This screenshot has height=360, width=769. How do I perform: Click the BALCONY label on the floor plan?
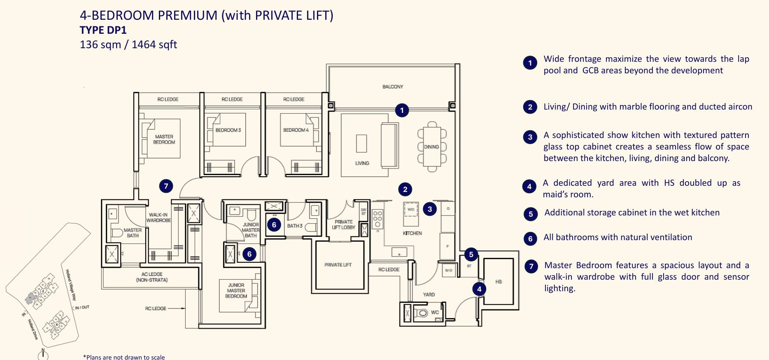(392, 86)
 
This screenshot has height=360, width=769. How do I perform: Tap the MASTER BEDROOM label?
(164, 139)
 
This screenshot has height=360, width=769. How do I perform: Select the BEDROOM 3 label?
(228, 130)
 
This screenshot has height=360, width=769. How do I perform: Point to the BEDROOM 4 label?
(296, 130)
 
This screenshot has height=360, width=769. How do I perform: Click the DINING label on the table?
(431, 147)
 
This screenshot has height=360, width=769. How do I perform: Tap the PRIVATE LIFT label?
(338, 265)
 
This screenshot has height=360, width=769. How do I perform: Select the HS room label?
(498, 282)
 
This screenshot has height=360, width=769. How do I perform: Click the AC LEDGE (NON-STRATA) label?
(152, 277)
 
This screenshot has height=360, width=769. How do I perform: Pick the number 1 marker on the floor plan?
(402, 110)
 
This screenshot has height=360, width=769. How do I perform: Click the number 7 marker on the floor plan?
(166, 186)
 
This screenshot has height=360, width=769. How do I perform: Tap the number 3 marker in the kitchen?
(429, 209)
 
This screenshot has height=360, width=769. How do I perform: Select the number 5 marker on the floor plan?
(471, 255)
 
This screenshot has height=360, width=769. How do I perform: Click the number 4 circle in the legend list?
(529, 187)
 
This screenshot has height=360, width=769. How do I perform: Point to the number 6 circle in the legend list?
(530, 239)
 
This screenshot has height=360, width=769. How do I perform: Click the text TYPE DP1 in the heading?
(103, 30)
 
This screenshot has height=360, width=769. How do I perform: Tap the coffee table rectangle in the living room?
(361, 143)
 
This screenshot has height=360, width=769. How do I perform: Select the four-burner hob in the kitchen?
(377, 218)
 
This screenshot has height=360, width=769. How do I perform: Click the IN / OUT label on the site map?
(82, 307)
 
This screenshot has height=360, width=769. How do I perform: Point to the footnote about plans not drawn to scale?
(124, 357)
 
